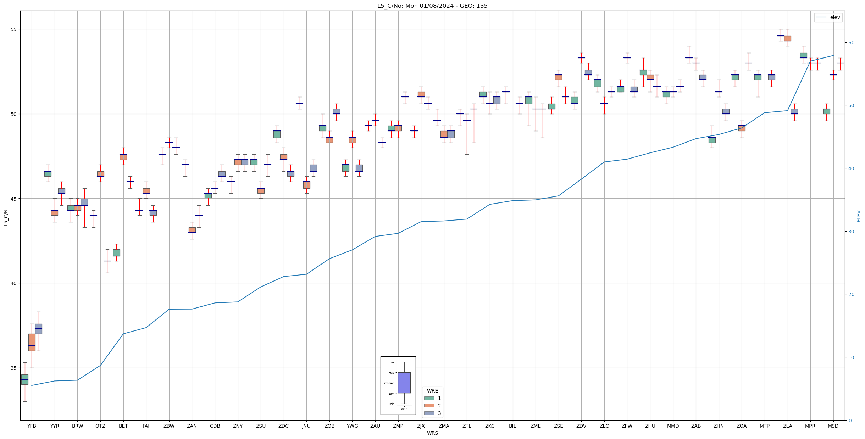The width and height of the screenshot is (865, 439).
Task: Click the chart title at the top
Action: click(x=432, y=6)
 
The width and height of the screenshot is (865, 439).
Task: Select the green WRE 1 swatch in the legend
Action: click(x=429, y=398)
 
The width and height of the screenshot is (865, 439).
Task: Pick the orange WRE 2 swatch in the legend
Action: click(x=429, y=406)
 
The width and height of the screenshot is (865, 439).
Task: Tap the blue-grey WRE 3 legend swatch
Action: click(x=429, y=413)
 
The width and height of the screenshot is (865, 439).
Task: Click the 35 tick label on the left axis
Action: click(x=14, y=368)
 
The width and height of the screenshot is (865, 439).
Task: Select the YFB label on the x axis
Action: click(x=32, y=426)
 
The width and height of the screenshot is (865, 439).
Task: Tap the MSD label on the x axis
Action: click(x=833, y=426)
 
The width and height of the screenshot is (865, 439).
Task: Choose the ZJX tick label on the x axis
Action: click(x=421, y=426)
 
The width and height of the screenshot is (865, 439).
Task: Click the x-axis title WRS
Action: click(x=432, y=433)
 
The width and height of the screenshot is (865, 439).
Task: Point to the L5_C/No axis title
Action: click(x=6, y=216)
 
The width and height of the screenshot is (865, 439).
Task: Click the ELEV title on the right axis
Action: click(x=859, y=216)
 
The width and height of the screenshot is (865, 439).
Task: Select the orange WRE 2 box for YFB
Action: click(x=32, y=342)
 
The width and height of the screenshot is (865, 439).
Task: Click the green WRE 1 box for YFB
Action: click(x=24, y=379)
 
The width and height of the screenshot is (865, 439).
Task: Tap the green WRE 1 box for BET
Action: click(x=116, y=252)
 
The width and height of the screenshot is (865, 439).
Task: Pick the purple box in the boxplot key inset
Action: click(x=404, y=383)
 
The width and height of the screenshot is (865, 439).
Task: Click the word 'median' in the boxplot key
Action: click(x=389, y=383)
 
